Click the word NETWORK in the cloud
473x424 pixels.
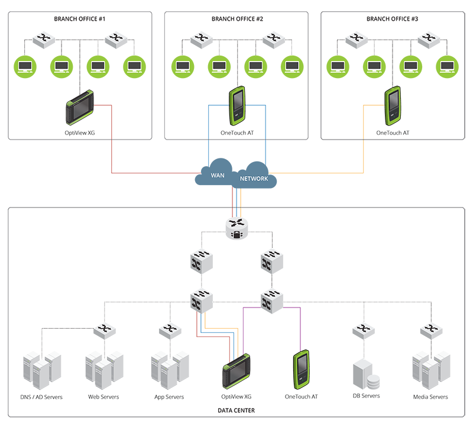[254, 179]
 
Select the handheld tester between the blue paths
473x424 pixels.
[237, 103]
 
